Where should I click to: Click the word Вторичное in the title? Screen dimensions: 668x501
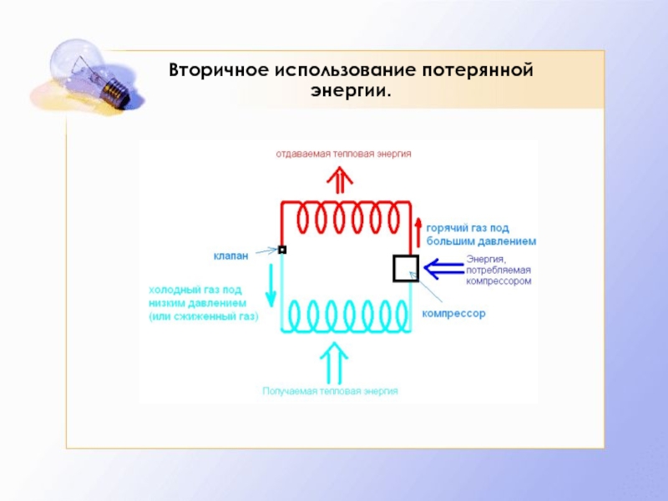pyautogui.click(x=215, y=70)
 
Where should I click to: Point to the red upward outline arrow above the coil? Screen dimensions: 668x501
pyautogui.click(x=339, y=180)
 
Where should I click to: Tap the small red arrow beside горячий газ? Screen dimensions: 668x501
pyautogui.click(x=418, y=227)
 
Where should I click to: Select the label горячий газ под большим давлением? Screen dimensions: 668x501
pyautogui.click(x=480, y=234)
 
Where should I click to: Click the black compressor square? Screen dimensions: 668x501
pyautogui.click(x=406, y=268)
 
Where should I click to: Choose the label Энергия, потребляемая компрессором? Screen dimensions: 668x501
pyautogui.click(x=498, y=270)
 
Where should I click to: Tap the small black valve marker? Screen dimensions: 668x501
pyautogui.click(x=282, y=249)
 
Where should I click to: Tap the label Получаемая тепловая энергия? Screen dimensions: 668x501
pyautogui.click(x=330, y=391)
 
